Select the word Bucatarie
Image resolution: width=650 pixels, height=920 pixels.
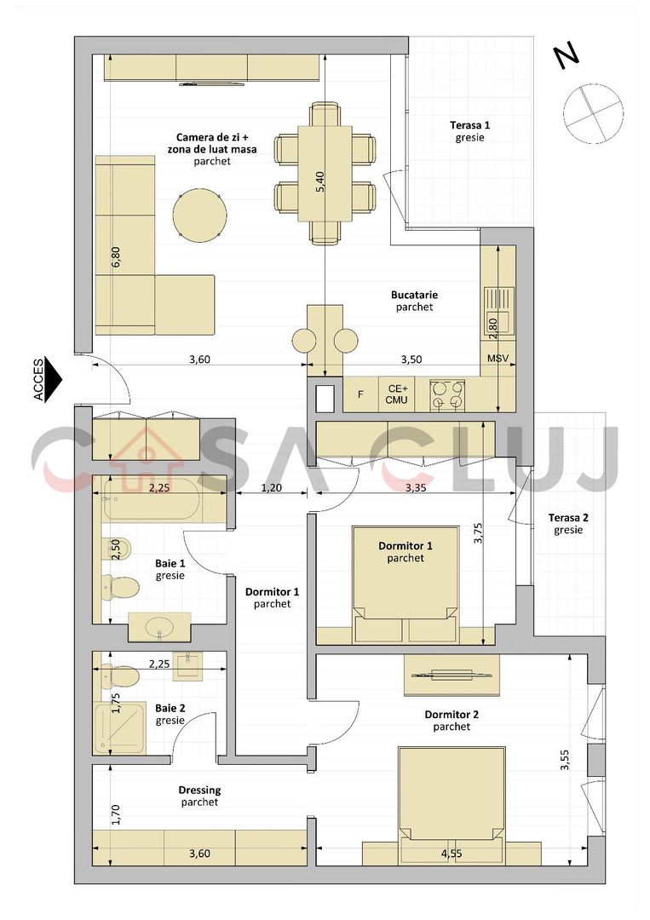[x=415, y=295]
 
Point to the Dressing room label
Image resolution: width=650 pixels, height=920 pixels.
[x=199, y=790]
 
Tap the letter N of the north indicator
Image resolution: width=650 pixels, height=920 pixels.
[x=567, y=55]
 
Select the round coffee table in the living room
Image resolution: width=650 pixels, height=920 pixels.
[x=200, y=215]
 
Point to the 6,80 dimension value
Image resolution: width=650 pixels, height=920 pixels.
[x=116, y=258]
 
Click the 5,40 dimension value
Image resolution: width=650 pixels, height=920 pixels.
[x=320, y=181]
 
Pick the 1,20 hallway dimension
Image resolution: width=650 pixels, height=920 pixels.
[x=271, y=488]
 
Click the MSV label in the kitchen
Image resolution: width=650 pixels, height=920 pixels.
[x=498, y=359]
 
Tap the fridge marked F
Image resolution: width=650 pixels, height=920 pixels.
[x=360, y=394]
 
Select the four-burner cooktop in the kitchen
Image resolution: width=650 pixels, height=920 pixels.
[x=447, y=395]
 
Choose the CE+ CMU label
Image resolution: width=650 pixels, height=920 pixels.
[x=397, y=393]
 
